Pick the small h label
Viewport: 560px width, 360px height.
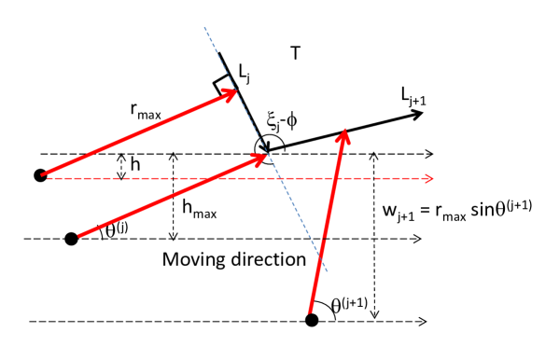tap(136, 164)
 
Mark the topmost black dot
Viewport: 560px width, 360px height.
tap(40, 174)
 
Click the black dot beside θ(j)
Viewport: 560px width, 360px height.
tap(71, 239)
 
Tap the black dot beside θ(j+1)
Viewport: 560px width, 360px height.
tap(313, 321)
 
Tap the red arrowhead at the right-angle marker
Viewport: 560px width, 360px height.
tap(232, 94)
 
